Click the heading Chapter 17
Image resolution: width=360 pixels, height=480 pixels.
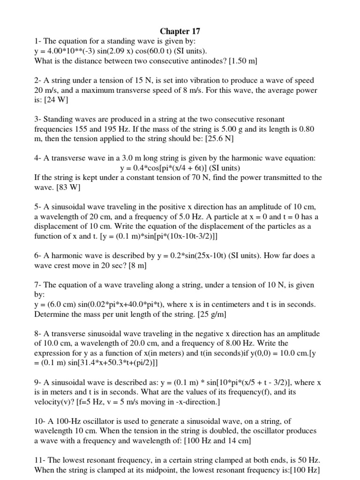[x=180, y=32]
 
